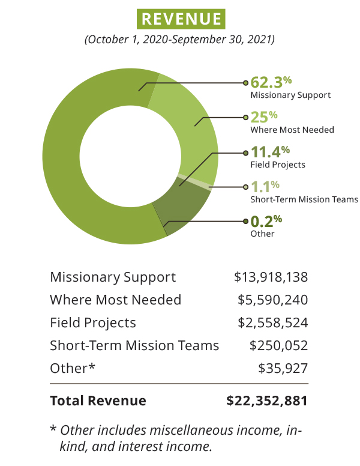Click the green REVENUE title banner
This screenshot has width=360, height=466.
[x=181, y=19]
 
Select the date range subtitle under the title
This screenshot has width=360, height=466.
[x=180, y=40]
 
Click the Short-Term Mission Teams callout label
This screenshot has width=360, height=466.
[x=304, y=199]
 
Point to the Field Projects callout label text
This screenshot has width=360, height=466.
[x=277, y=165]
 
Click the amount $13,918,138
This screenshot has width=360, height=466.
[x=271, y=277]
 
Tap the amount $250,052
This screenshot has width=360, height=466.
[x=279, y=345]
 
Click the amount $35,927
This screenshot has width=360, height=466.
[x=283, y=368]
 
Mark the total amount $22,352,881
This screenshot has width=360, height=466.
[x=267, y=401]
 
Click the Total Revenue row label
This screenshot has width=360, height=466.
[x=98, y=401]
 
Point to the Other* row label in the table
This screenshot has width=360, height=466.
[x=73, y=368]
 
